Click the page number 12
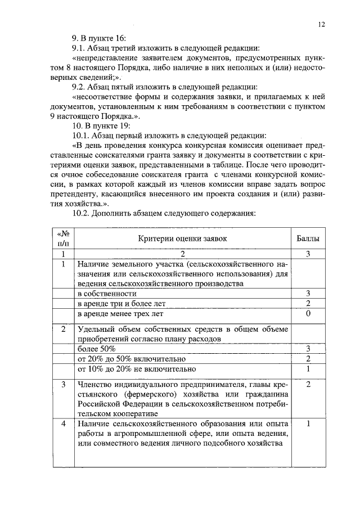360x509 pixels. click(321, 25)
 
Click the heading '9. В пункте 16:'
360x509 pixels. click(95, 37)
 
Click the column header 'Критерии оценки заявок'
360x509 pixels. click(182, 238)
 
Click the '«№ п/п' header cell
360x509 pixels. click(64, 238)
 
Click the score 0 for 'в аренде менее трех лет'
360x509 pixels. click(308, 313)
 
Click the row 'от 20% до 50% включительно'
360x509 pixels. click(131, 359)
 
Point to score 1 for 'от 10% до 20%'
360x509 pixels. click(308, 369)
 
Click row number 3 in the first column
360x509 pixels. click(64, 385)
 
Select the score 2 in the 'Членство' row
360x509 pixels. click(308, 385)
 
